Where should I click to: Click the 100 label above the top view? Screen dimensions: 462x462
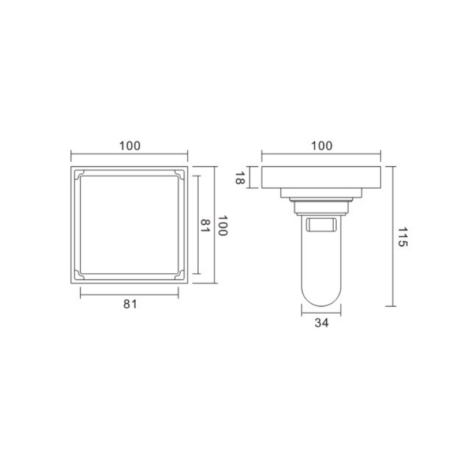(129, 146)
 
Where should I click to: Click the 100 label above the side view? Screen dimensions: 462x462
(322, 146)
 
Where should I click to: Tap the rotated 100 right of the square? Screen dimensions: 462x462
(223, 225)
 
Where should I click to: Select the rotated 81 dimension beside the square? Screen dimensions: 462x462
(205, 225)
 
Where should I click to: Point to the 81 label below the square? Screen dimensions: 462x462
(131, 304)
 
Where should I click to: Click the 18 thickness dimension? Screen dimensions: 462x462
(240, 178)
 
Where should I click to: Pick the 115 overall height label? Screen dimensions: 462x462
(403, 237)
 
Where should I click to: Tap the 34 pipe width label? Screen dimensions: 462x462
(322, 323)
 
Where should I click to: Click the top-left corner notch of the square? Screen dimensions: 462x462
(80, 174)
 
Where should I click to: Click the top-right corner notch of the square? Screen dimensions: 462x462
(178, 174)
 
